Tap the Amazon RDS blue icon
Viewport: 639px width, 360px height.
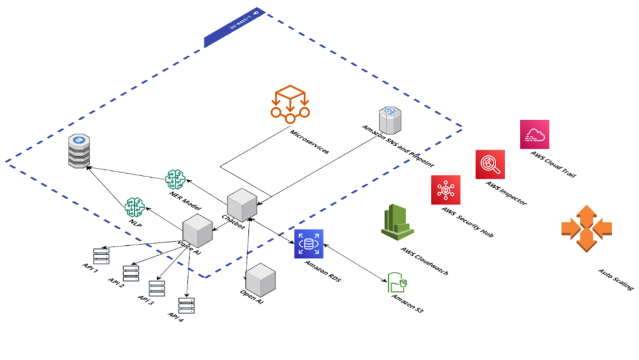pyautogui.click(x=308, y=244)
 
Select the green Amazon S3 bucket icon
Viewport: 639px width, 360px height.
pyautogui.click(x=398, y=283)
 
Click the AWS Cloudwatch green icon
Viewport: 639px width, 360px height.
pyautogui.click(x=398, y=223)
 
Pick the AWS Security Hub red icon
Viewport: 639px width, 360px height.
pyautogui.click(x=445, y=190)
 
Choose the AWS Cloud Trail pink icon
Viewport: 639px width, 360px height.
pyautogui.click(x=534, y=134)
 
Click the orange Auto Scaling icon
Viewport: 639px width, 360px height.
pyautogui.click(x=586, y=228)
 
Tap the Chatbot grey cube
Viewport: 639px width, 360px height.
pyautogui.click(x=241, y=204)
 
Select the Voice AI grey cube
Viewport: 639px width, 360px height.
pyautogui.click(x=198, y=231)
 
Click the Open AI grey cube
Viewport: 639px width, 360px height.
pyautogui.click(x=261, y=280)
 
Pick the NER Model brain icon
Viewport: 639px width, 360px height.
pyautogui.click(x=176, y=180)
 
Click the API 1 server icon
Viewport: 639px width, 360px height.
pyautogui.click(x=101, y=255)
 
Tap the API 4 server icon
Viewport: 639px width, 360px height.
pyautogui.click(x=186, y=305)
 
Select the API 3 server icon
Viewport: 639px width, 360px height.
pyautogui.click(x=156, y=288)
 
